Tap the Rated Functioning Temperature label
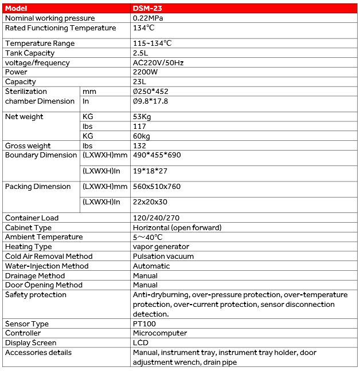[45, 28]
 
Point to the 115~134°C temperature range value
[152, 44]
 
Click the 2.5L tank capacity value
[141, 53]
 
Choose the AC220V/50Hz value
[158, 63]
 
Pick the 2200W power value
[146, 73]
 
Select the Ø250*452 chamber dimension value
[151, 92]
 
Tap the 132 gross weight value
[139, 146]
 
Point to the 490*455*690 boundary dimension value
[157, 155]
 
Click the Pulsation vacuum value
[163, 256]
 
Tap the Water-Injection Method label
[47, 266]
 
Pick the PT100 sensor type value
[144, 324]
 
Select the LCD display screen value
[140, 343]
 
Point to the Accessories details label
[38, 353]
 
